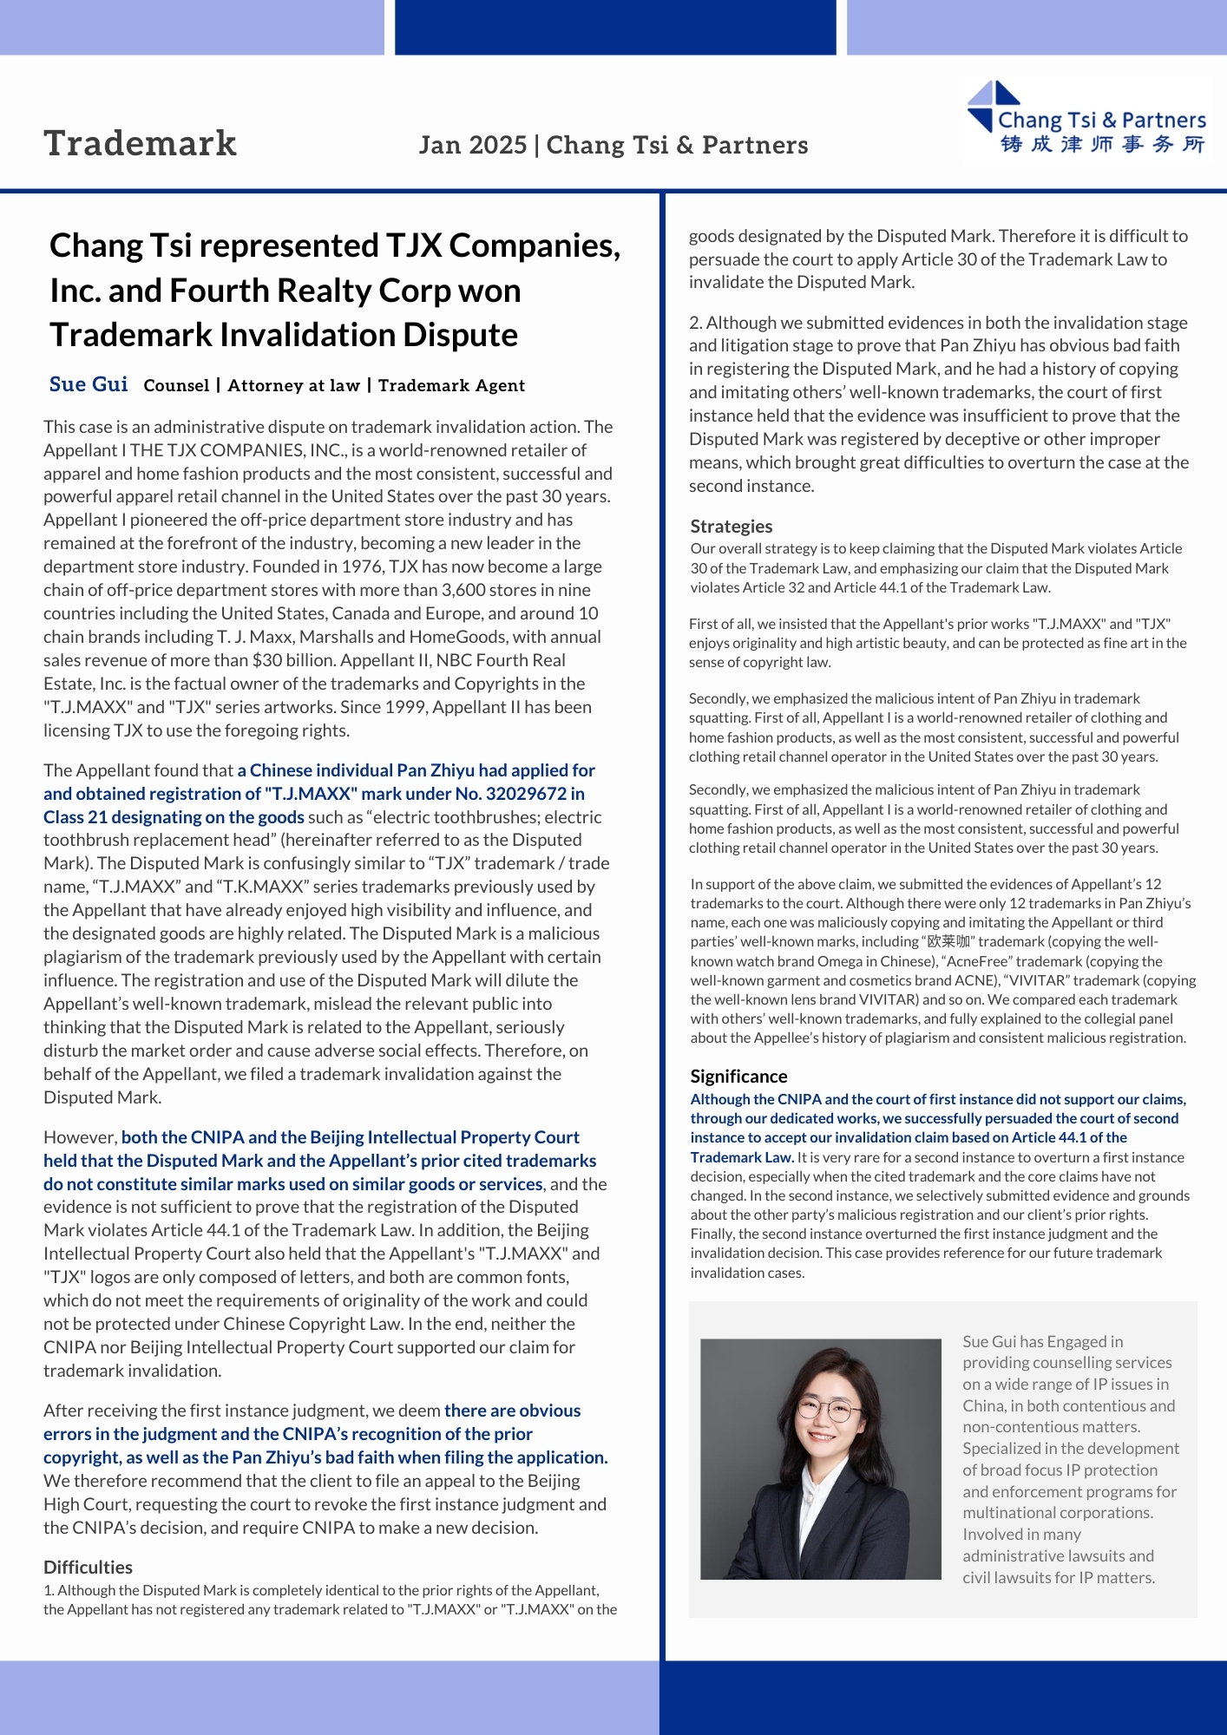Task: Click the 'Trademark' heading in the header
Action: click(x=140, y=144)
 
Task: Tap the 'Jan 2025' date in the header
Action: click(x=472, y=145)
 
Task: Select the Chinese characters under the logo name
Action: click(x=1102, y=144)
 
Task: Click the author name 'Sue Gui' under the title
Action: click(x=89, y=384)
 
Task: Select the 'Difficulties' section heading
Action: click(x=88, y=1568)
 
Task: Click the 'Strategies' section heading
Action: click(x=731, y=527)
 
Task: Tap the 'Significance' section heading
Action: click(x=738, y=1077)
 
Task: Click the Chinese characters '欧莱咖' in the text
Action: click(x=948, y=942)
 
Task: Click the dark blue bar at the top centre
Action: click(x=615, y=27)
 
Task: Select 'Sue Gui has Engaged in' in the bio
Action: click(x=1042, y=1342)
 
